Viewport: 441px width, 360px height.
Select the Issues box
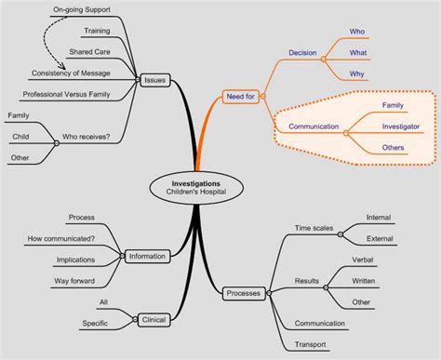154,81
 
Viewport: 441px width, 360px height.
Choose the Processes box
243,295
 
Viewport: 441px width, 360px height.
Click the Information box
147,256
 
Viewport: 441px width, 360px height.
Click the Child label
19,138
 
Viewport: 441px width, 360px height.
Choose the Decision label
302,53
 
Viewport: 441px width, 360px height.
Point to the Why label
357,73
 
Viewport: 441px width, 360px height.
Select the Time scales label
314,228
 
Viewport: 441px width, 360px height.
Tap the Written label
363,281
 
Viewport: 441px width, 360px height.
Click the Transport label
311,345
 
